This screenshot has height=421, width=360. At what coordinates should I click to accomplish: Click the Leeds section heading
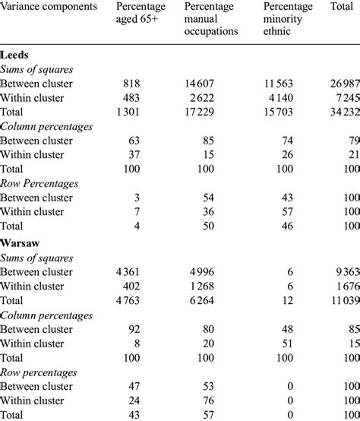click(x=16, y=56)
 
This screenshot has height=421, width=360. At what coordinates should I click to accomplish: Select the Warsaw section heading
click(x=21, y=244)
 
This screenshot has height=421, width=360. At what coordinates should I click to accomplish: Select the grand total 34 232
click(x=340, y=112)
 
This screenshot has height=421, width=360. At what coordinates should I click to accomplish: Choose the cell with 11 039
click(x=340, y=300)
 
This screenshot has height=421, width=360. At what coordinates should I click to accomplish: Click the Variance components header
click(x=49, y=7)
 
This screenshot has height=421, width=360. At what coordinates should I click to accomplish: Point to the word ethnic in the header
click(x=278, y=31)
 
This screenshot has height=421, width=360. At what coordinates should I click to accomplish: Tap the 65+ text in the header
click(x=150, y=19)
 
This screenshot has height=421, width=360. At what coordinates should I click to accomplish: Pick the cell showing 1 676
click(x=343, y=287)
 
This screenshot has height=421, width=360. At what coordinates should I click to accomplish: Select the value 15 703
click(x=297, y=112)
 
